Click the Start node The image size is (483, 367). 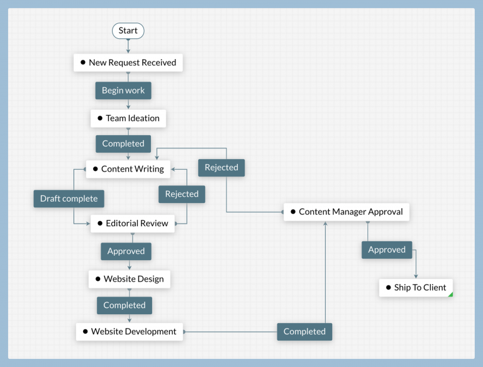point(128,31)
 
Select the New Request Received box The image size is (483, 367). point(128,63)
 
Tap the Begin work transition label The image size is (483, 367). point(123,90)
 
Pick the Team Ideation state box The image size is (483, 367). point(128,118)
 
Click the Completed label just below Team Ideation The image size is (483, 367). point(123,143)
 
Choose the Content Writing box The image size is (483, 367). point(128,169)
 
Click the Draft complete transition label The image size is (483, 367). point(69,199)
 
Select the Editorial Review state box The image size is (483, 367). point(133,223)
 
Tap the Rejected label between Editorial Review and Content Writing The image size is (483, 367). point(182,194)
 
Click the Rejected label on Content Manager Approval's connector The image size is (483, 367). point(221,168)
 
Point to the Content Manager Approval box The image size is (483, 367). point(347,212)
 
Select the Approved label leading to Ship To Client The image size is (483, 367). point(387,249)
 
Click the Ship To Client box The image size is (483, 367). point(416,288)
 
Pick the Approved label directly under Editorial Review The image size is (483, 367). point(126,251)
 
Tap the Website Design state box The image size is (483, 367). point(129,279)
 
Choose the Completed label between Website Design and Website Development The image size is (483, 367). point(125,305)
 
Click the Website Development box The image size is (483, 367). point(130,332)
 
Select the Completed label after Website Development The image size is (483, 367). point(304,332)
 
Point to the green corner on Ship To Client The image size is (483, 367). point(450,294)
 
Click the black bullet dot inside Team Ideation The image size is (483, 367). point(99,118)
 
